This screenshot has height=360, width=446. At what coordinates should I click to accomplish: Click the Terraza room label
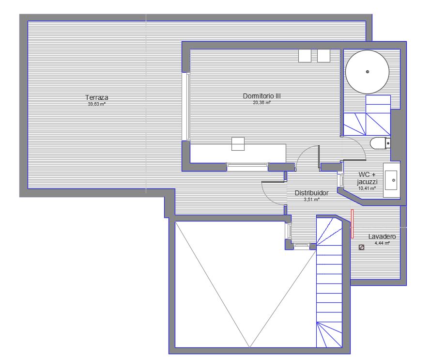click(97, 97)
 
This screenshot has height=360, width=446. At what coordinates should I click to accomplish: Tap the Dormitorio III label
click(261, 96)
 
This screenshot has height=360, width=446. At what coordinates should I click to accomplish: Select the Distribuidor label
click(311, 193)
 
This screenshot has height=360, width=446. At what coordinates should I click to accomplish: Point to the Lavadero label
click(382, 236)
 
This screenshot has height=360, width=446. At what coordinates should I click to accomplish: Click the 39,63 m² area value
click(97, 104)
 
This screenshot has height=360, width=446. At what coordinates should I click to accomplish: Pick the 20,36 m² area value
click(261, 103)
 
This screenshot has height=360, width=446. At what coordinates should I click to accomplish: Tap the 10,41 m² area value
click(367, 188)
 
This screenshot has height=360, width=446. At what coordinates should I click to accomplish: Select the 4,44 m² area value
click(382, 243)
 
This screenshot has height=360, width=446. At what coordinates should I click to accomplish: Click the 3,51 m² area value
click(312, 200)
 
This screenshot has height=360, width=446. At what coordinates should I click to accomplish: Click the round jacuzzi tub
click(367, 72)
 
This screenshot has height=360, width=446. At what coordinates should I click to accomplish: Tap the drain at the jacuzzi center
click(368, 72)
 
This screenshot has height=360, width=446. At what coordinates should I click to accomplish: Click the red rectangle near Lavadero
click(352, 224)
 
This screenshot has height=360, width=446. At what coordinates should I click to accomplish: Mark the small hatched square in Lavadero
click(362, 248)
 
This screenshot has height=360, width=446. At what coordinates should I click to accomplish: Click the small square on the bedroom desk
click(238, 144)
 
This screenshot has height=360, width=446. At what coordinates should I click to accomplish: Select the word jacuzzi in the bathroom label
click(367, 182)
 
